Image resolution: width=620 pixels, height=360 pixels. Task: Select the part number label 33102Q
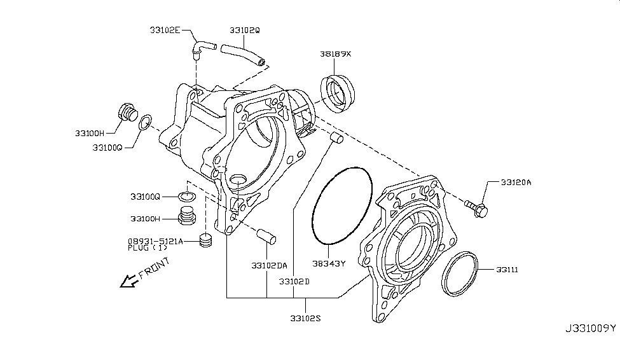pyautogui.click(x=245, y=29)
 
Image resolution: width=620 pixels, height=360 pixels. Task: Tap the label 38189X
pyautogui.click(x=335, y=55)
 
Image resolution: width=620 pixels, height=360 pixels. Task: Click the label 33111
pyautogui.click(x=507, y=270)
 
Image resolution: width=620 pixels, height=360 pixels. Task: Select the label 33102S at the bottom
pyautogui.click(x=305, y=318)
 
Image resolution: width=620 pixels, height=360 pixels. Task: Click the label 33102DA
pyautogui.click(x=269, y=265)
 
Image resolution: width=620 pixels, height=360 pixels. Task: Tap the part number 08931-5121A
pyautogui.click(x=155, y=241)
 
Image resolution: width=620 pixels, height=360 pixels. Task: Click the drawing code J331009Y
pyautogui.click(x=589, y=328)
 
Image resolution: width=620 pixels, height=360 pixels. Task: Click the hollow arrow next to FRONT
pyautogui.click(x=128, y=280)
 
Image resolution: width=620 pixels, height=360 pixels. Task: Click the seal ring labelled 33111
pyautogui.click(x=460, y=274)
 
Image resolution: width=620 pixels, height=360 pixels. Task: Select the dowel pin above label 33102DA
pyautogui.click(x=265, y=235)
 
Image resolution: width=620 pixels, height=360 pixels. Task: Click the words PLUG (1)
pyautogui.click(x=144, y=248)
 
